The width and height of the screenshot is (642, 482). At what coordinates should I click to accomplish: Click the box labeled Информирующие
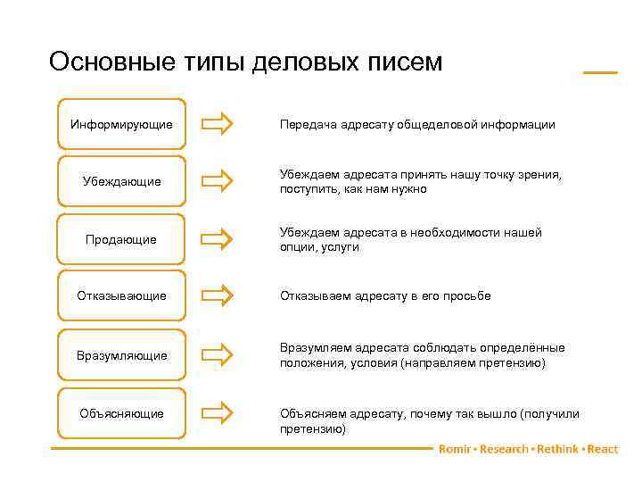pos(121,125)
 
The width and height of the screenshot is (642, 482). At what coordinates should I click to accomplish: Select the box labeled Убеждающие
pos(121,182)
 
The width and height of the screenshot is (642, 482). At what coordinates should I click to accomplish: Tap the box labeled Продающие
pos(121,239)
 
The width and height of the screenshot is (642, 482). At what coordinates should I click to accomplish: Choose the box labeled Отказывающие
pos(121,295)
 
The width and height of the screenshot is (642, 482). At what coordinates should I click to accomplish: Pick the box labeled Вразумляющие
pos(121,355)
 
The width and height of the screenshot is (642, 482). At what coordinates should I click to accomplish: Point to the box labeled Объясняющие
pos(121,413)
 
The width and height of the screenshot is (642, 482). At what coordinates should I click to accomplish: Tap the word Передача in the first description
pos(306,125)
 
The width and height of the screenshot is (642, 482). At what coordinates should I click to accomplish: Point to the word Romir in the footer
pos(455,449)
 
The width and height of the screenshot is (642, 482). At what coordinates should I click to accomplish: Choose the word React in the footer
pos(603,449)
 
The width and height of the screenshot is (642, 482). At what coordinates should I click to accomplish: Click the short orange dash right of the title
pos(600,71)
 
